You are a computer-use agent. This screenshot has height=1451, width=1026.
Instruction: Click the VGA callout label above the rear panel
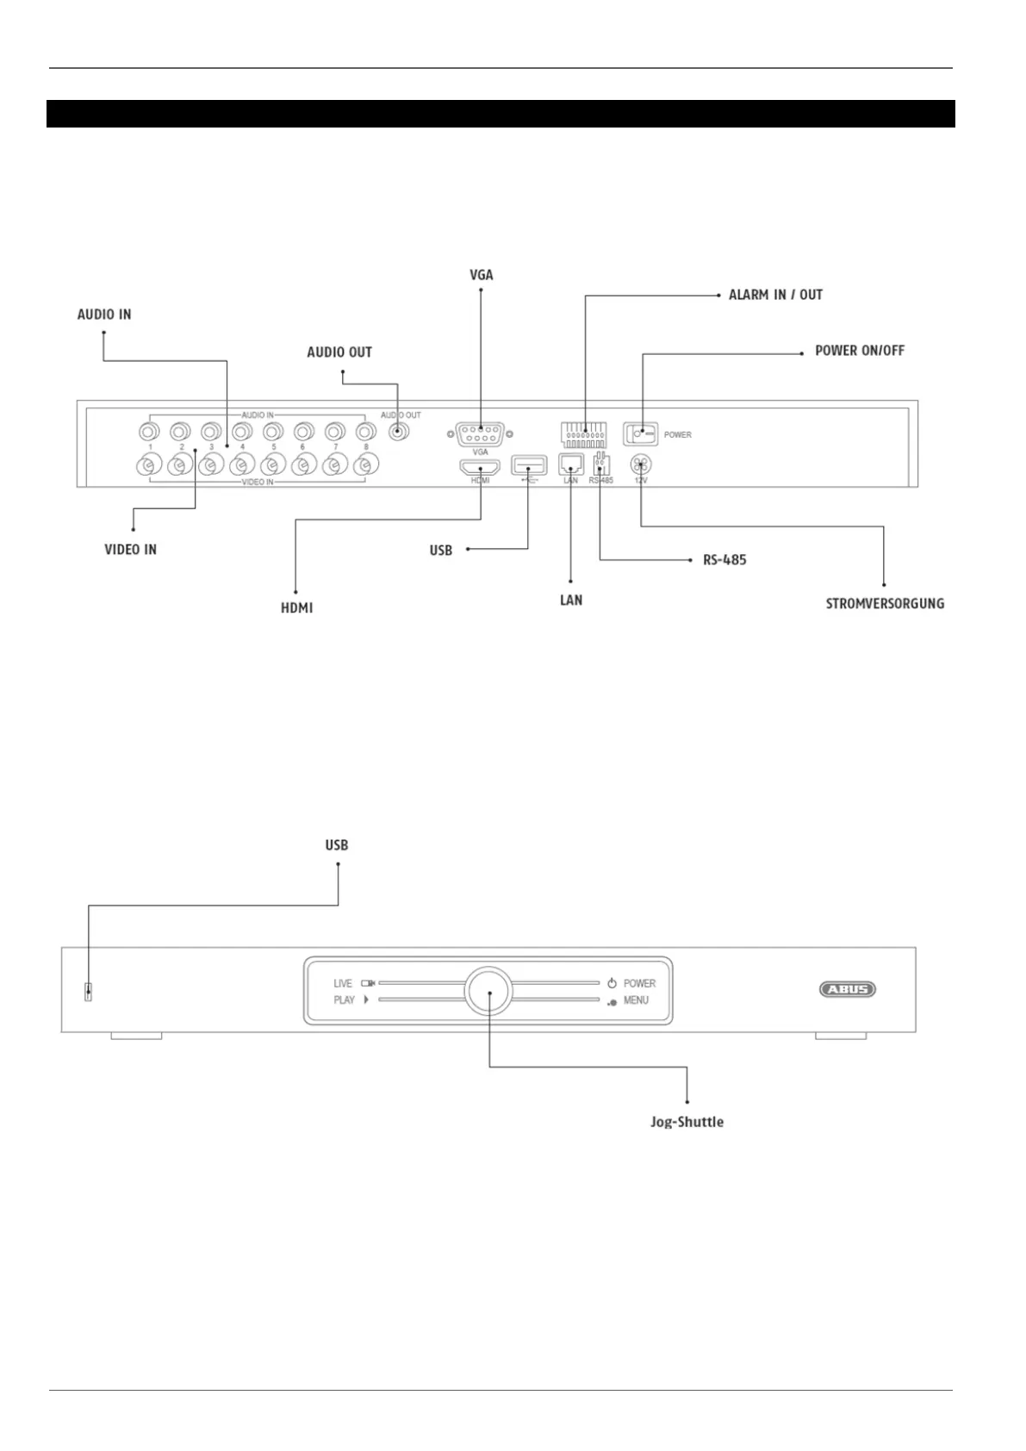click(x=481, y=275)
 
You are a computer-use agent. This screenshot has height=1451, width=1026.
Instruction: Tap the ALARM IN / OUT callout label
click(x=775, y=295)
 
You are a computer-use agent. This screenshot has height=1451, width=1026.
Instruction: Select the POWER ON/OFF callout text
click(x=859, y=351)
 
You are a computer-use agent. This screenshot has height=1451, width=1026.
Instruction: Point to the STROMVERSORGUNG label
click(x=885, y=604)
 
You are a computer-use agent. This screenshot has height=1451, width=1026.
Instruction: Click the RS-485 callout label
click(x=724, y=560)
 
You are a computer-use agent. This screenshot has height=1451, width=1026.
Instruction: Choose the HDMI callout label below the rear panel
click(x=296, y=608)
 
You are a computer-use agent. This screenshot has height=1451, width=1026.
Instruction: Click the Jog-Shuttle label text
click(x=687, y=1122)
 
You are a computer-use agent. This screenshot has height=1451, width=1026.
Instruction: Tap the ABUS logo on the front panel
click(x=847, y=989)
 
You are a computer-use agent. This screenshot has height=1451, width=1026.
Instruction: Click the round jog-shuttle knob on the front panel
click(x=488, y=991)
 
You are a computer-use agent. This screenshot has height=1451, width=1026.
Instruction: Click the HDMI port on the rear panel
click(x=480, y=467)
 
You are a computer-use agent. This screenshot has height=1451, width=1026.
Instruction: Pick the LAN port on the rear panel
click(x=570, y=464)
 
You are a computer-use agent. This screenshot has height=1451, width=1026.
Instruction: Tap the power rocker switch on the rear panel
click(x=640, y=433)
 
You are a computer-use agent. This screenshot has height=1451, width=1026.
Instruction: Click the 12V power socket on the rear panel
click(x=641, y=464)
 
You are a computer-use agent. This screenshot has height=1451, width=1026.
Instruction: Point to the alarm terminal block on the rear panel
click(x=584, y=433)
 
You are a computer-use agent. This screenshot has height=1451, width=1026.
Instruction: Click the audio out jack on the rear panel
click(x=397, y=432)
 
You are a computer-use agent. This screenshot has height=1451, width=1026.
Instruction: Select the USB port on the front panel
click(x=88, y=992)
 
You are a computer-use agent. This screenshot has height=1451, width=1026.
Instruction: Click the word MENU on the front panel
click(x=636, y=1000)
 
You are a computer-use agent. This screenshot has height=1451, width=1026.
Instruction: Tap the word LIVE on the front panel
click(x=343, y=983)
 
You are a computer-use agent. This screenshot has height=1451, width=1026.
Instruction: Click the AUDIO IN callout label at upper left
click(x=104, y=314)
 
